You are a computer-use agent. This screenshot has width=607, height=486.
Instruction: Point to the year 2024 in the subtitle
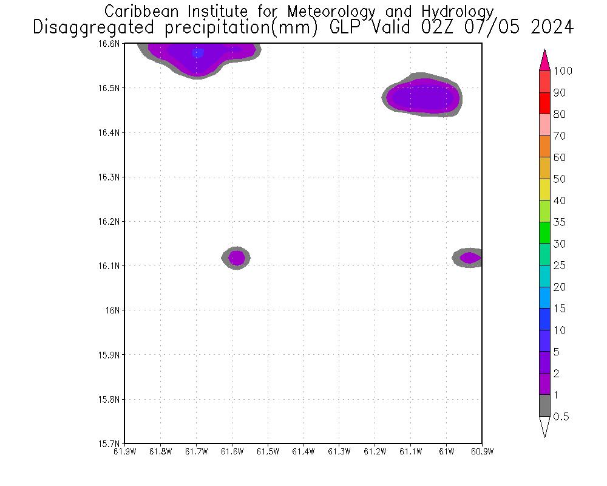551,27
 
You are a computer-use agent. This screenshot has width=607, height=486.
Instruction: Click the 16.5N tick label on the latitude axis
110,88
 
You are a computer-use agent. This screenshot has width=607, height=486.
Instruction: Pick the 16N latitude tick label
114,310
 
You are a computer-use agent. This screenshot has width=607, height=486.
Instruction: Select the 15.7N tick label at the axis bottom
110,443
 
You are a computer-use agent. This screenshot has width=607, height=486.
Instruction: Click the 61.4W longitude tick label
303,451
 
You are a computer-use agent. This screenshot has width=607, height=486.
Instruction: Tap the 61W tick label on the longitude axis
446,451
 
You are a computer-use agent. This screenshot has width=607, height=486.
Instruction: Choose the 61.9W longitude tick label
124,451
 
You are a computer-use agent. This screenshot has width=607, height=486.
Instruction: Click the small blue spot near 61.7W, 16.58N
198,53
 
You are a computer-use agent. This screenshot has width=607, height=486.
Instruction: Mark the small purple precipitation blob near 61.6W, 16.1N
237,258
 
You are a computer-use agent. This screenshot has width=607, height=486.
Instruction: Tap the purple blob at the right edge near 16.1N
470,258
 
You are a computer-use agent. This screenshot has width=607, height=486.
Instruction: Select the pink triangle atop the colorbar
544,60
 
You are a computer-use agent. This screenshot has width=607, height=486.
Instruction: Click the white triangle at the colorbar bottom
544,426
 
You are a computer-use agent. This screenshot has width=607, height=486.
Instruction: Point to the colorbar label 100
563,71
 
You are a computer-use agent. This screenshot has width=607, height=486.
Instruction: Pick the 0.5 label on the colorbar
561,417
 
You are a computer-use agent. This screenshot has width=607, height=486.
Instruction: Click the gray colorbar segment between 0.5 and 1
544,405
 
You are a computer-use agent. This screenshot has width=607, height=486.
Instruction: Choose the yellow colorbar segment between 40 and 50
544,190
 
